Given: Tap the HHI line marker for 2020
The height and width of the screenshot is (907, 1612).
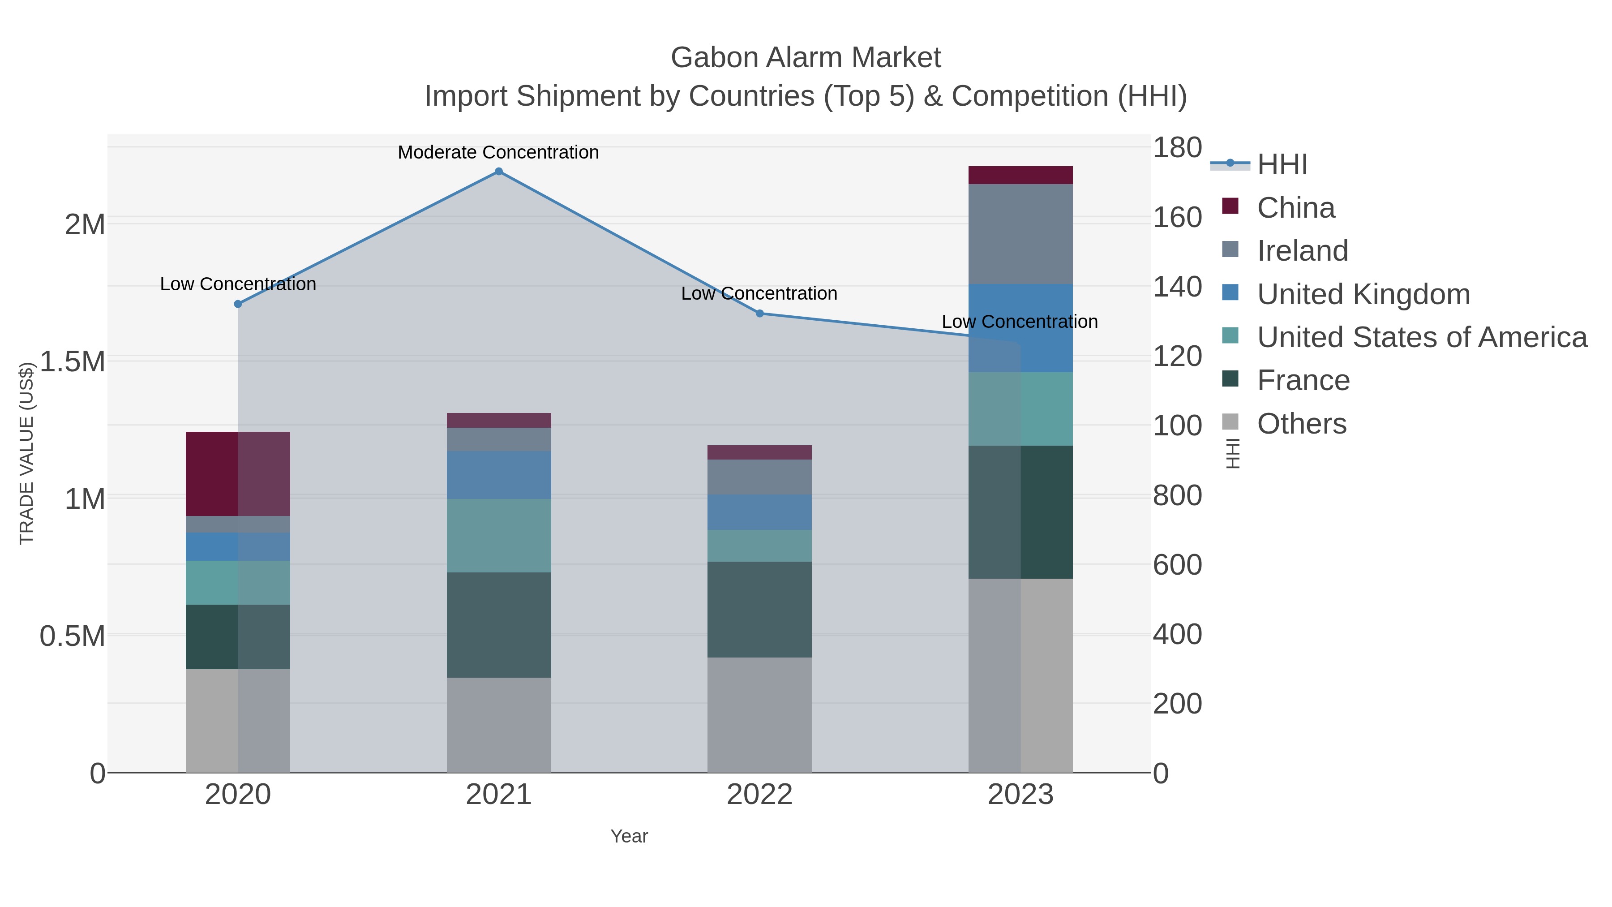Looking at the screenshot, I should point(238,304).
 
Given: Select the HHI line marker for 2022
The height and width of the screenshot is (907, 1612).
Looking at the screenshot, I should point(760,314).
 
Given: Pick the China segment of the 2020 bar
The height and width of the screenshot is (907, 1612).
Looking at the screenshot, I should point(238,474).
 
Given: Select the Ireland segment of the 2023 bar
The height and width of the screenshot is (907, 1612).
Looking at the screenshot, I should point(1020,234).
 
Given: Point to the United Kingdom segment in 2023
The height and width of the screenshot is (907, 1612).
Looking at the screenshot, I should point(1020,328).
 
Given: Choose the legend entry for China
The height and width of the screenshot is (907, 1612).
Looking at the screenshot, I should point(1295,208).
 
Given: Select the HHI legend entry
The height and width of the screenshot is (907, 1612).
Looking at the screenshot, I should point(1282,165).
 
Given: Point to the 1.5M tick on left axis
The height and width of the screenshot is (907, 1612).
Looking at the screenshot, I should point(72,362).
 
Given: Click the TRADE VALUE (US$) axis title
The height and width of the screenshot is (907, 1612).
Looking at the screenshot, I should point(26,453).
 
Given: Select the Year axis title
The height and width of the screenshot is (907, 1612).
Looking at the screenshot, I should point(629,836).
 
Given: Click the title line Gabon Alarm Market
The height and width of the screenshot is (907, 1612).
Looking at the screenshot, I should point(806,58).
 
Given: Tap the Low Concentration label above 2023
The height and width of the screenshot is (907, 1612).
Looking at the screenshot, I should point(1020,322).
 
